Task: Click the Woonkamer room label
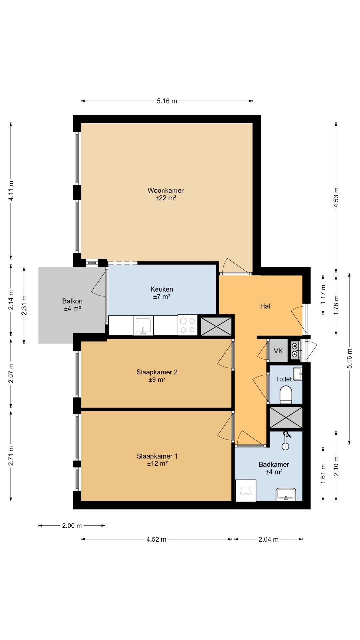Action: coord(166,191)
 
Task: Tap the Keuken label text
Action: coord(162,289)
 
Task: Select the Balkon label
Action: coord(72,301)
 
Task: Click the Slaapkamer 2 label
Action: coord(157,372)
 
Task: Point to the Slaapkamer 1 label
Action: coord(157,456)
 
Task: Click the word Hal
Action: coord(265,306)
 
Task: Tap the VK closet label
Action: coord(278,351)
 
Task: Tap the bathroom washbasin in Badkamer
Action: coord(286,494)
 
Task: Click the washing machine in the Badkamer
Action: coord(246,490)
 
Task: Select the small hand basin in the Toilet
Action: coord(298,374)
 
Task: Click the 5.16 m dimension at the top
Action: coord(167,101)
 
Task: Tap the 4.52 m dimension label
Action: coord(156,539)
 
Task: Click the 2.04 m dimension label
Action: coord(268,539)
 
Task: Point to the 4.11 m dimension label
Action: coord(11,191)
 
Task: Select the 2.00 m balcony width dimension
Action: coord(72,526)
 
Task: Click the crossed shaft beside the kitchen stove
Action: coord(216,326)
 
